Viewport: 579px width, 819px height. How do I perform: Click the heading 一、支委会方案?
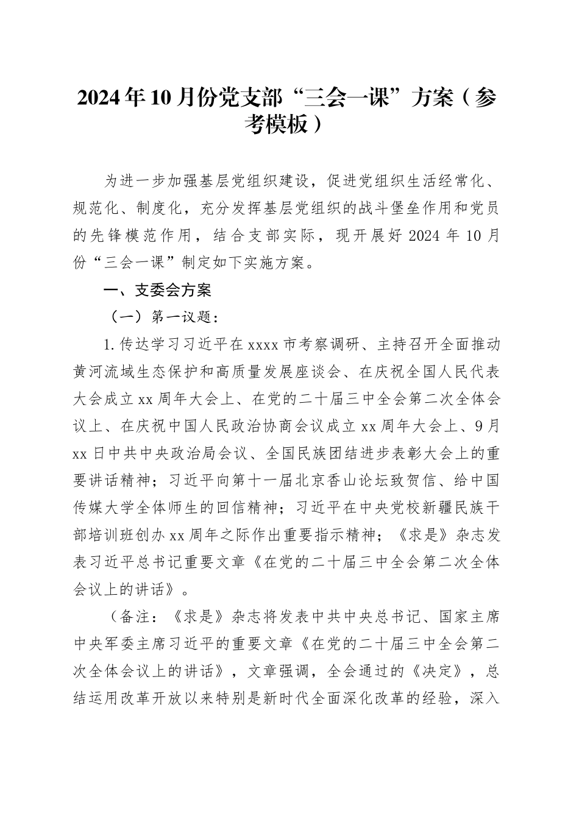[x=158, y=291]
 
